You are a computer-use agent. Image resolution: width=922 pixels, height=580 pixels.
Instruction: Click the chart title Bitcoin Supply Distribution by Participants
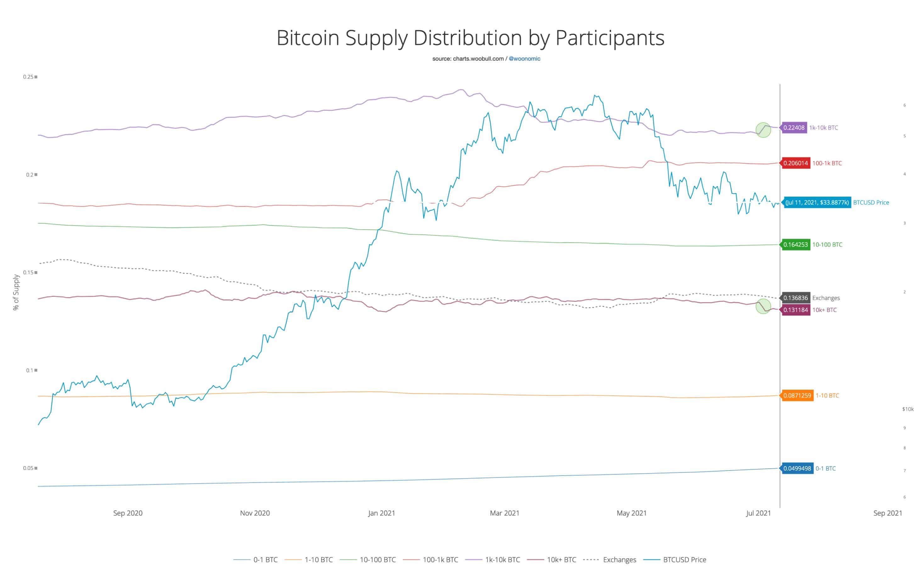coord(470,38)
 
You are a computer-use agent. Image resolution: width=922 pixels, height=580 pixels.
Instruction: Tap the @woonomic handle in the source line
coord(524,59)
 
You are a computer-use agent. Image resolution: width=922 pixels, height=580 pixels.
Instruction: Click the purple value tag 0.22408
coord(794,127)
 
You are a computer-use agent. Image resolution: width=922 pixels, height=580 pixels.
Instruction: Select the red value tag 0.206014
coord(795,163)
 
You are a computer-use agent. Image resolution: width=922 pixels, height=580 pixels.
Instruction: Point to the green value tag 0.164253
coord(795,245)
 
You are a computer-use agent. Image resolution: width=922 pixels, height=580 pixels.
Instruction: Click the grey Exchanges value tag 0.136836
coord(795,298)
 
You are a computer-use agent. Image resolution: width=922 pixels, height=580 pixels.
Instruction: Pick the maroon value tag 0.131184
coord(795,310)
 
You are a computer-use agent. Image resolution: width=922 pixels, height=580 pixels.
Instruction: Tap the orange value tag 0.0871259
coord(797,395)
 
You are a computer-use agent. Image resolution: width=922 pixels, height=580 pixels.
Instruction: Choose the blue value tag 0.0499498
coord(797,468)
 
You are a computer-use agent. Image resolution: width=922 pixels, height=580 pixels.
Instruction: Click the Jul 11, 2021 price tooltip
coord(817,203)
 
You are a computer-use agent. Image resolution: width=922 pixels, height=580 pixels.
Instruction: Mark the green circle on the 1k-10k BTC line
coord(763,130)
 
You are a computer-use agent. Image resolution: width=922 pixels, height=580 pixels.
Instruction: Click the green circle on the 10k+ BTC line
coord(763,306)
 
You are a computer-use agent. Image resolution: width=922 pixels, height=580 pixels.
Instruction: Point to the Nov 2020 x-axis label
coord(255,513)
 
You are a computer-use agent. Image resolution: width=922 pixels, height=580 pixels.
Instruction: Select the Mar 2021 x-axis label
coord(504,513)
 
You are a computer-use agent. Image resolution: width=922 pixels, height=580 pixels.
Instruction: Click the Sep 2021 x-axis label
coord(887,513)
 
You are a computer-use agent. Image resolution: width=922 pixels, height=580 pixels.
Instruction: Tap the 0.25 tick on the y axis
coord(28,77)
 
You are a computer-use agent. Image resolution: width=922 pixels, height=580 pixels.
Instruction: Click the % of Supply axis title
coord(16,292)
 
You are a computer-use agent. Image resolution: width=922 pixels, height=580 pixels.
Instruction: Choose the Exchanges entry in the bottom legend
coord(619,560)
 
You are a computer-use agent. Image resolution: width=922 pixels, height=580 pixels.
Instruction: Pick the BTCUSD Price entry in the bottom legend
coord(684,560)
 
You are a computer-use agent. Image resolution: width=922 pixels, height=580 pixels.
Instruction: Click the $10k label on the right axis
coord(908,409)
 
